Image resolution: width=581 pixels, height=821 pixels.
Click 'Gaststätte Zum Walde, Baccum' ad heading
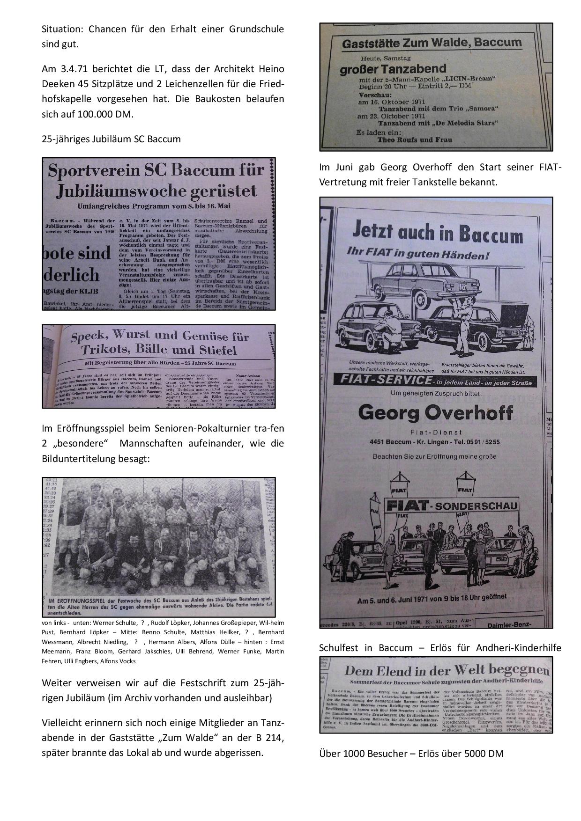point(432,44)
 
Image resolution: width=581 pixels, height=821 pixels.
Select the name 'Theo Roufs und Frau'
point(409,139)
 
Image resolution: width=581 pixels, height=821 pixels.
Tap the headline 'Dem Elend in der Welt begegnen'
point(446,670)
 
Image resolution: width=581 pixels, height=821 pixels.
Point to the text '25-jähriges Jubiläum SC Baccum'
point(111,139)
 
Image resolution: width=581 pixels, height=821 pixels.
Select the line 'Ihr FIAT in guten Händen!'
point(417,255)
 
